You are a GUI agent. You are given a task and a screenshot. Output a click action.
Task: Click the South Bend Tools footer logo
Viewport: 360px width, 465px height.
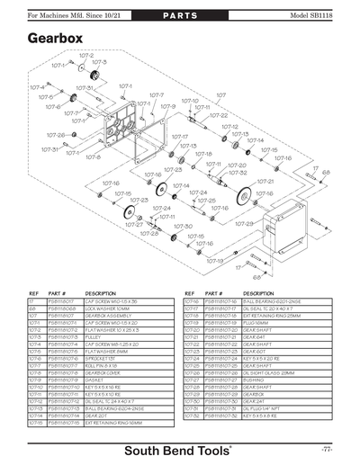pyautogui.click(x=180, y=449)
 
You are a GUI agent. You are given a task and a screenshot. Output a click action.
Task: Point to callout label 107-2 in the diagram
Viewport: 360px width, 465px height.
pyautogui.click(x=86, y=55)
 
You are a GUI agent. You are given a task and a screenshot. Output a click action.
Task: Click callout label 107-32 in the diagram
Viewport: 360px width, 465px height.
pyautogui.click(x=238, y=172)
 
